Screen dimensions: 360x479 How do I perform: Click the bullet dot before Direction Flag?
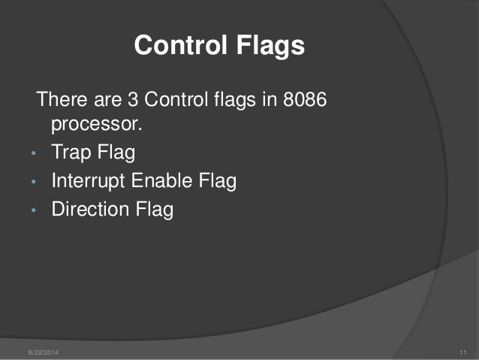[x=34, y=211]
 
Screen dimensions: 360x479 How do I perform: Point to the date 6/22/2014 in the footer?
[x=43, y=352]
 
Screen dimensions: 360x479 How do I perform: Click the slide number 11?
[x=462, y=352]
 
